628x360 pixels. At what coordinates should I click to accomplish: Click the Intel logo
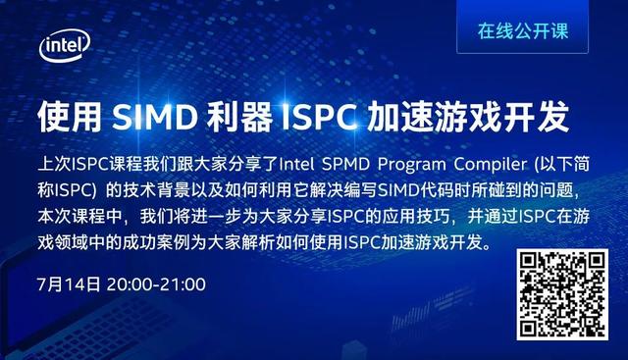point(65,45)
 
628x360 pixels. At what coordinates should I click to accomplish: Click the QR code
point(562,294)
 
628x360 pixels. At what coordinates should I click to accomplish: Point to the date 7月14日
point(68,285)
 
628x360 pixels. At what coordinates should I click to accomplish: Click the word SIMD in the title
point(153,119)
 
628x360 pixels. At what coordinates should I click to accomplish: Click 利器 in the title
point(235,119)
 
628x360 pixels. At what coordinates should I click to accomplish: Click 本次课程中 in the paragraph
point(74,214)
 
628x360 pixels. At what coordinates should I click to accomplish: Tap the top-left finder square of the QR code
point(531,264)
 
